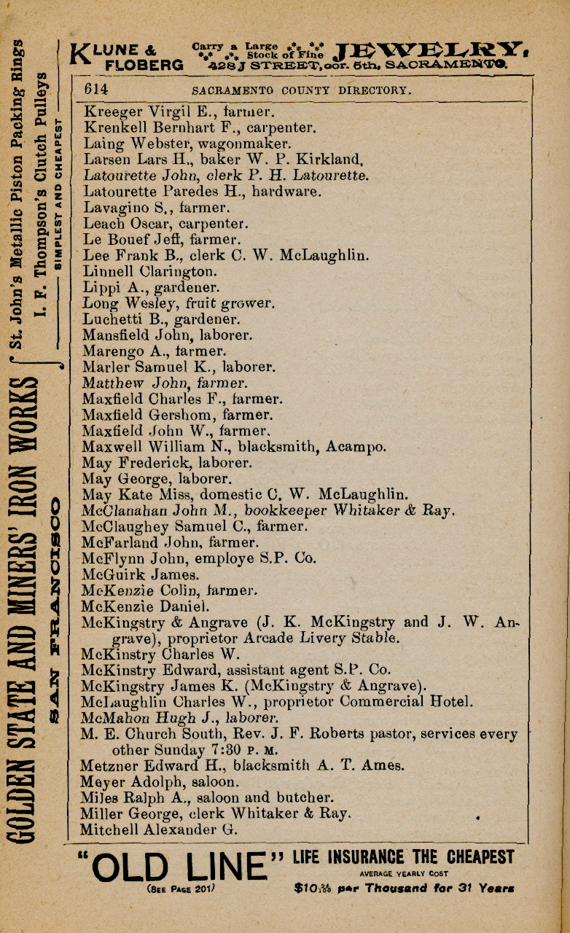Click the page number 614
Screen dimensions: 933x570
coord(97,90)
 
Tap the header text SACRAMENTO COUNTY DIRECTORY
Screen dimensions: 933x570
coord(302,91)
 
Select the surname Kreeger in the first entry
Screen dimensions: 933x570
coord(108,112)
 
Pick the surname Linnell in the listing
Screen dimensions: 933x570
coord(107,272)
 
